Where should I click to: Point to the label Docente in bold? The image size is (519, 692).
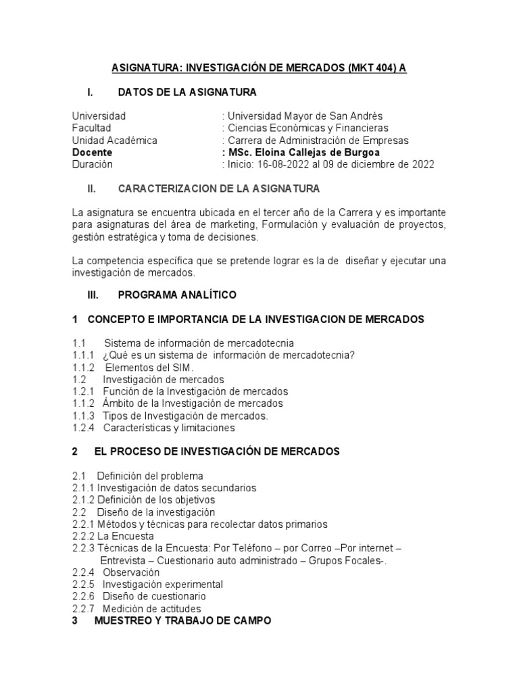tap(92, 152)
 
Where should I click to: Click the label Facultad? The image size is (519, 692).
tap(91, 128)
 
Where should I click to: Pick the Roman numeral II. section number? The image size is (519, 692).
tap(94, 188)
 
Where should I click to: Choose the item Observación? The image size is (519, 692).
tap(131, 572)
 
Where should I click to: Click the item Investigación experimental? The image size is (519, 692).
tap(162, 585)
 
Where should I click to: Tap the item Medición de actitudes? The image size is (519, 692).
tap(152, 609)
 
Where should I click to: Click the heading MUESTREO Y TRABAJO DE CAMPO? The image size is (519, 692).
tap(182, 620)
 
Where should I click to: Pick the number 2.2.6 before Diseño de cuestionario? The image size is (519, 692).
tap(84, 597)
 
